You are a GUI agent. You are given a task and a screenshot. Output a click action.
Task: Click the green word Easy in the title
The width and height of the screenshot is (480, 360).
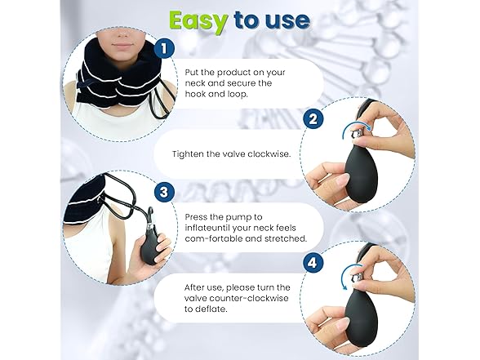202,20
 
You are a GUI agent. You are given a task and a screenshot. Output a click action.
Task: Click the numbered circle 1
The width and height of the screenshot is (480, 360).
167,49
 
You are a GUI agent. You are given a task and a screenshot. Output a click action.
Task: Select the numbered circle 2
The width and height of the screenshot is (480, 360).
312,120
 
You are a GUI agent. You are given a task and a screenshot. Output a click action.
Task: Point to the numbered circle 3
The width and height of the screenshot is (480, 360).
166,193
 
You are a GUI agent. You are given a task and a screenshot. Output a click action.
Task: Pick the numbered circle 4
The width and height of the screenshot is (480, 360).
311,264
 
